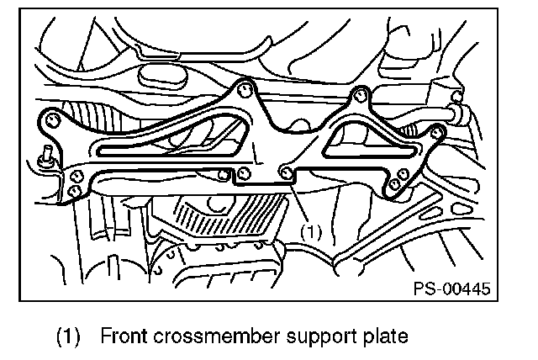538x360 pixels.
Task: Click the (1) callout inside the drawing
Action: click(x=311, y=228)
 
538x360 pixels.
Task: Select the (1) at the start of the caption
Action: click(x=68, y=337)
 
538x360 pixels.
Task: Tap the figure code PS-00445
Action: click(x=451, y=289)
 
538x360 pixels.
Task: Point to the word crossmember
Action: click(x=207, y=337)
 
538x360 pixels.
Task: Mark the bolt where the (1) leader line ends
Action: click(x=288, y=172)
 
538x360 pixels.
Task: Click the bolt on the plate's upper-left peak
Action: click(x=245, y=87)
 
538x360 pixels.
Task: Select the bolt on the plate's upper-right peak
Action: click(x=360, y=92)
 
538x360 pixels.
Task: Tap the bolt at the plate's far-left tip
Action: click(x=52, y=123)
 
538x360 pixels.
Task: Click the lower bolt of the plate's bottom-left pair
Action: click(x=74, y=192)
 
